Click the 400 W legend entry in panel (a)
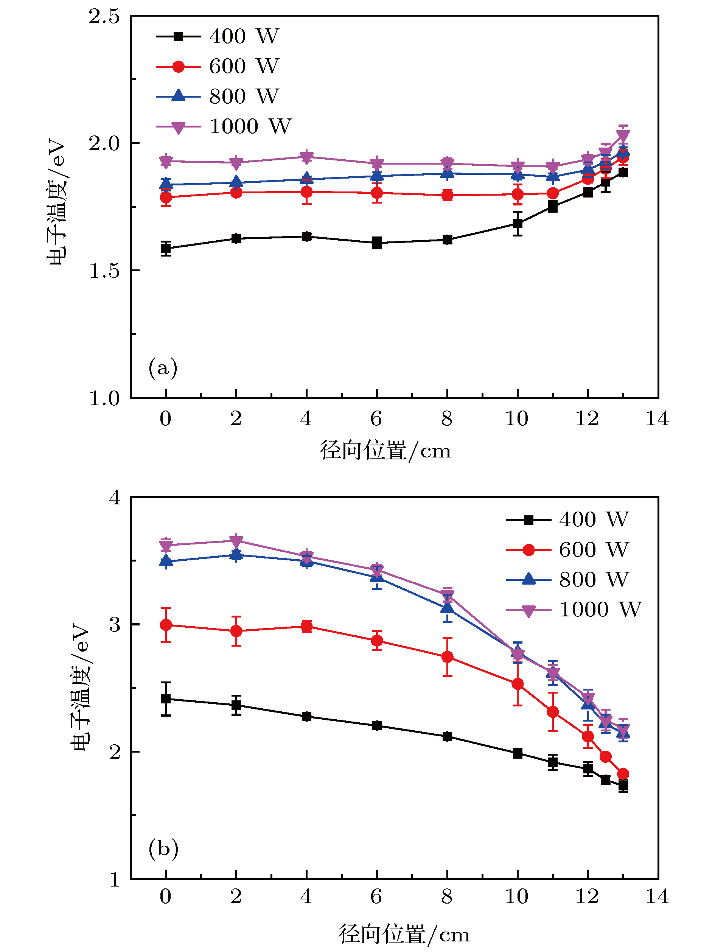click(217, 37)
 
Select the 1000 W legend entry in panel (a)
click(223, 126)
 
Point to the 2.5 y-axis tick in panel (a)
click(104, 17)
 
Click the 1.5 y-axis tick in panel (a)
click(104, 271)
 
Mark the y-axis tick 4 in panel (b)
click(114, 498)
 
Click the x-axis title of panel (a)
click(385, 451)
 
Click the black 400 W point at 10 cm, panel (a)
click(518, 224)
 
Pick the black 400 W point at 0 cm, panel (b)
click(166, 699)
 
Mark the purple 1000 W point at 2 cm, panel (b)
click(236, 541)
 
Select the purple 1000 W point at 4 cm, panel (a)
click(306, 157)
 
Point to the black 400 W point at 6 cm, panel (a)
click(377, 243)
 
